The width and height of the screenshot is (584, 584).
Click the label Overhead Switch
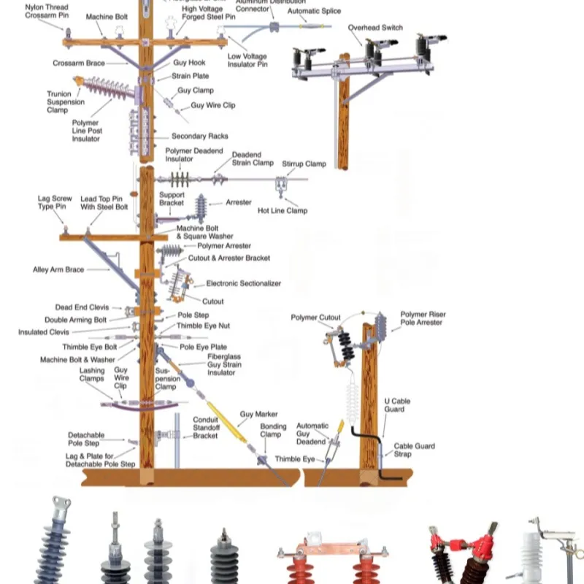point(374,28)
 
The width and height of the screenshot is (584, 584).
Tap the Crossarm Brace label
point(79,64)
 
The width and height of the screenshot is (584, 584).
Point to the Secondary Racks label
point(199,137)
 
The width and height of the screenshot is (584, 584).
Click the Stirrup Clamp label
point(304,164)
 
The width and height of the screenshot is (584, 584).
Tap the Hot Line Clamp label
point(283,211)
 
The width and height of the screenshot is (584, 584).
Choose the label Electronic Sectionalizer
point(243,283)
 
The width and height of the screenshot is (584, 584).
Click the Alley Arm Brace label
point(58,270)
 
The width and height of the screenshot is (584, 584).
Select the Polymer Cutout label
point(315,318)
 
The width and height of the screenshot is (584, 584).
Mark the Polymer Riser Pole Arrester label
point(423,318)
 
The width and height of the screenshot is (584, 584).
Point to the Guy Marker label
point(258,415)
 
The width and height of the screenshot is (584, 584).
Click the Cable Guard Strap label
point(414,450)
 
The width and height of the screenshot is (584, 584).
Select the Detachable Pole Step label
point(85,439)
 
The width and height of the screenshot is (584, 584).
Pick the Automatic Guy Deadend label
point(312,434)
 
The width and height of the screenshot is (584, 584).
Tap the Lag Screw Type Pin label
point(55,202)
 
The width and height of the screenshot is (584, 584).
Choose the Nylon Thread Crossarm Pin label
point(47,11)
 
